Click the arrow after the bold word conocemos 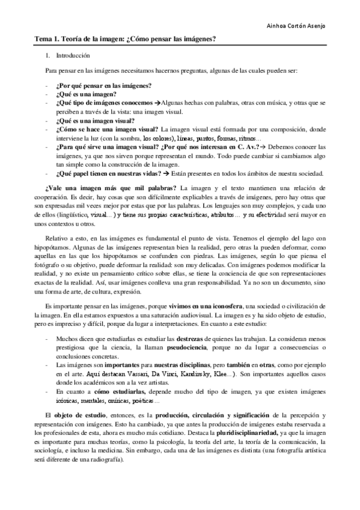tap(157, 103)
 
